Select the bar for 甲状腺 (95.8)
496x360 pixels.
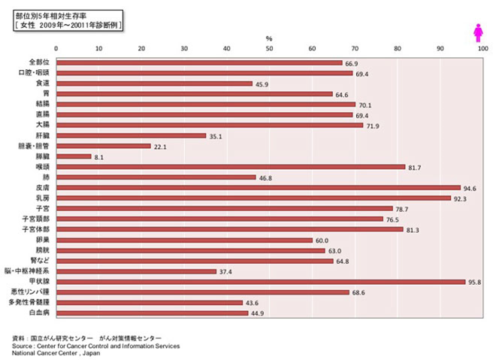coord(261,282)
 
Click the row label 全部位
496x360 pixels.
coord(38,63)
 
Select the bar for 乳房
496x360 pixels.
coord(253,198)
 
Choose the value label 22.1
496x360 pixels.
coord(161,147)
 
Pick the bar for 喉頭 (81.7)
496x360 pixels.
coord(231,167)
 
